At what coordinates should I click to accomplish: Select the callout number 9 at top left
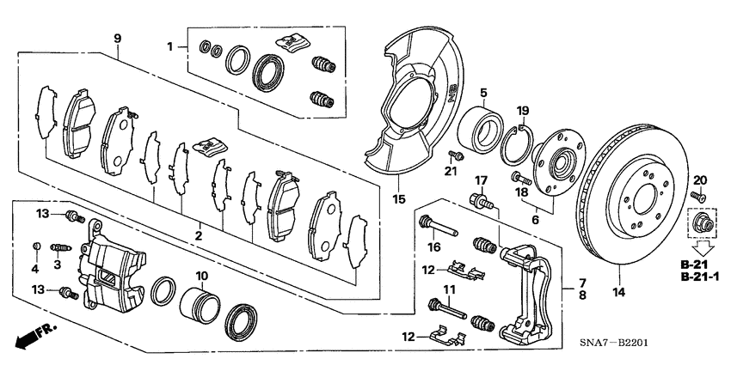118,37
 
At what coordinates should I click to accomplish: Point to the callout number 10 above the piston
203,276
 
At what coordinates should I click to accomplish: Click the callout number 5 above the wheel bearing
483,93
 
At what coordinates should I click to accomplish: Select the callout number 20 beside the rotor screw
698,179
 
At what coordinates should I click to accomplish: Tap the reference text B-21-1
697,277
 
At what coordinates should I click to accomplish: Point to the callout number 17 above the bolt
482,180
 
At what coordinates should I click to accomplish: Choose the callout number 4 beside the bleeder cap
34,269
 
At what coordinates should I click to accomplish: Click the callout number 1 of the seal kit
170,45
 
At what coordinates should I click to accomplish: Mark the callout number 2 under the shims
199,234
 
